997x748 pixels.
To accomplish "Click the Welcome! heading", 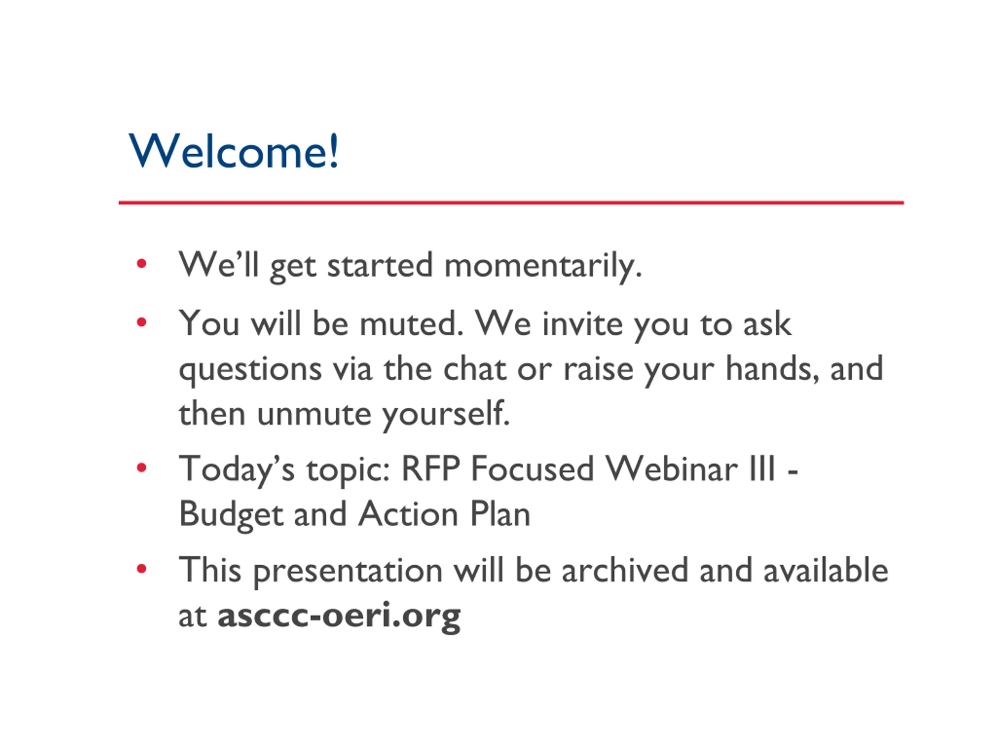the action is [x=233, y=151].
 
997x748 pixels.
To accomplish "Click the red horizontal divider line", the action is [x=511, y=203].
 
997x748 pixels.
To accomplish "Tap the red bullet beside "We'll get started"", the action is [x=141, y=263].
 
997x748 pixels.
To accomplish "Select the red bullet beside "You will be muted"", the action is [x=141, y=322].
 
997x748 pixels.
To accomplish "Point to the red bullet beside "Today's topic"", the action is [x=141, y=468].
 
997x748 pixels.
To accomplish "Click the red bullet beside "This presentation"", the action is [x=141, y=569].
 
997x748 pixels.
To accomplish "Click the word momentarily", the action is [x=543, y=267].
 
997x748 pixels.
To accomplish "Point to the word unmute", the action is [x=314, y=413].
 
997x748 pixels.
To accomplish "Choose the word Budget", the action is [x=231, y=515].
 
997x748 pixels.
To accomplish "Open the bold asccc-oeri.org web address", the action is [x=339, y=616].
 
